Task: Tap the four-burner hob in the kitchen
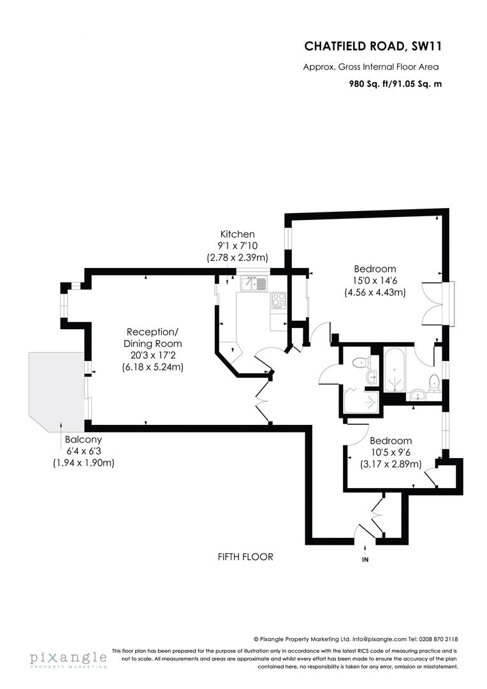pyautogui.click(x=279, y=299)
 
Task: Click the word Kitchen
pyautogui.click(x=237, y=234)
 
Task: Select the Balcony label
pyautogui.click(x=83, y=440)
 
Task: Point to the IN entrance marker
pyautogui.click(x=365, y=559)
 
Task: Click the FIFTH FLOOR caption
pyautogui.click(x=245, y=557)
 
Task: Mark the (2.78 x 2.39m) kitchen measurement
pyautogui.click(x=237, y=258)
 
